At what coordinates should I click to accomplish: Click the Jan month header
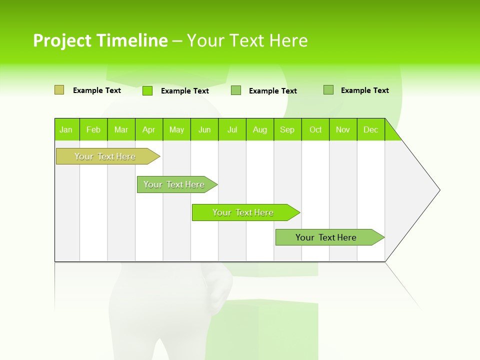tap(66, 129)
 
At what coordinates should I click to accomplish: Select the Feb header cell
tap(93, 129)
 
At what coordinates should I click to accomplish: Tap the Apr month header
tap(149, 129)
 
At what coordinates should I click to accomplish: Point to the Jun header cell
tap(204, 129)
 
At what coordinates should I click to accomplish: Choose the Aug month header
tap(260, 129)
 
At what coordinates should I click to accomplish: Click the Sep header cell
tap(287, 129)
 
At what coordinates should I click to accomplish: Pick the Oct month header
tap(315, 129)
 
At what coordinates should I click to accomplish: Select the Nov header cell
tap(343, 129)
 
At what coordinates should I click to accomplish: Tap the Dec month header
tap(371, 129)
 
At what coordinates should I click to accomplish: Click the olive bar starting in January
tap(105, 156)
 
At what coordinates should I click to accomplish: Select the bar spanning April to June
tap(174, 184)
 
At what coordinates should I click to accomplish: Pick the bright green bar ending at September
tap(243, 212)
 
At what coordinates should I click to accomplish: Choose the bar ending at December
tap(326, 237)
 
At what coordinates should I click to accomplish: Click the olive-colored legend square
tap(59, 90)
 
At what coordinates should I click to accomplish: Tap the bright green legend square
tap(147, 90)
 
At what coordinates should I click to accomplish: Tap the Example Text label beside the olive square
tap(97, 90)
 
